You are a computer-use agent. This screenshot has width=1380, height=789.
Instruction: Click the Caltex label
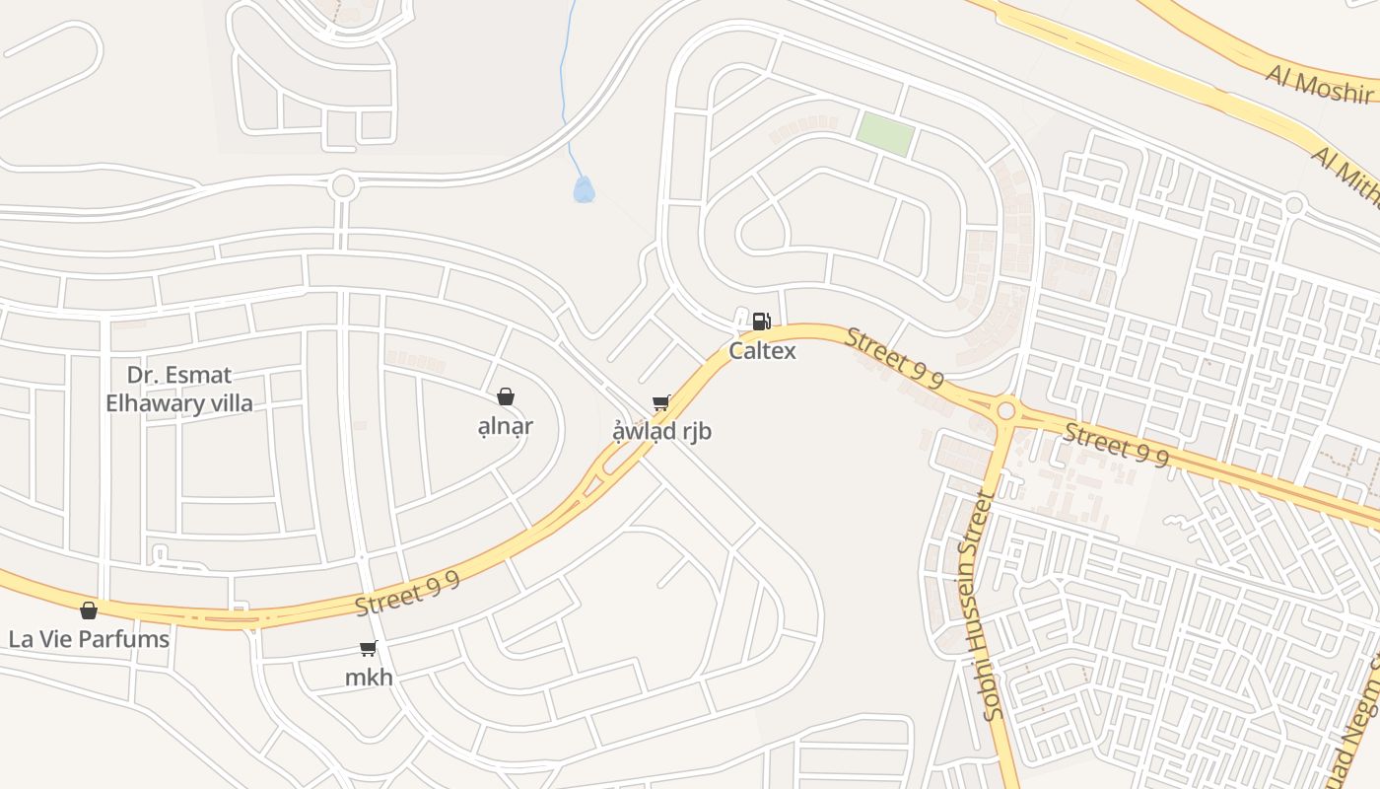click(762, 350)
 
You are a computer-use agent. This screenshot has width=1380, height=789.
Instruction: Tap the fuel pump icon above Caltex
click(761, 322)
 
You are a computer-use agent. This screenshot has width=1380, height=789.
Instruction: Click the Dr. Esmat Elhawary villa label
click(179, 389)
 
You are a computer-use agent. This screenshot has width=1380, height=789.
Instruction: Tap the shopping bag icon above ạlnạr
click(506, 396)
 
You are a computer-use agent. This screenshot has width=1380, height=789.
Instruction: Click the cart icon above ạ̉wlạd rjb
click(660, 402)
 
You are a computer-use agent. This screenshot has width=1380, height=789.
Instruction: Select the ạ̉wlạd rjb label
click(661, 432)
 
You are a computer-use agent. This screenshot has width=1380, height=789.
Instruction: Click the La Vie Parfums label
click(89, 639)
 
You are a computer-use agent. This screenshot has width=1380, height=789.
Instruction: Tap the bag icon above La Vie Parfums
click(89, 610)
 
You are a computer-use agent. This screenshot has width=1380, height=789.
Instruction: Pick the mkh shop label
click(369, 678)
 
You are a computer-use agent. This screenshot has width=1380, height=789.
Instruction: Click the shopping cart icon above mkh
click(369, 648)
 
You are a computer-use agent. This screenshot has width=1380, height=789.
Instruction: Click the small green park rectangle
click(884, 133)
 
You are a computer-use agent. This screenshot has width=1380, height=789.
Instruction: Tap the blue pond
click(584, 189)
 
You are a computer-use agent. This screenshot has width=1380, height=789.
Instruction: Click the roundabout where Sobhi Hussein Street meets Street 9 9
click(1005, 409)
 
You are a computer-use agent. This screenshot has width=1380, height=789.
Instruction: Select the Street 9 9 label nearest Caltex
click(895, 359)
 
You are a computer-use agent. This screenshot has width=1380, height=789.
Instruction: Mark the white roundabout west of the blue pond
click(343, 184)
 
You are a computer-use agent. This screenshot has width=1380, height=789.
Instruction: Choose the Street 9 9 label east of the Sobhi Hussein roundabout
click(1117, 445)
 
